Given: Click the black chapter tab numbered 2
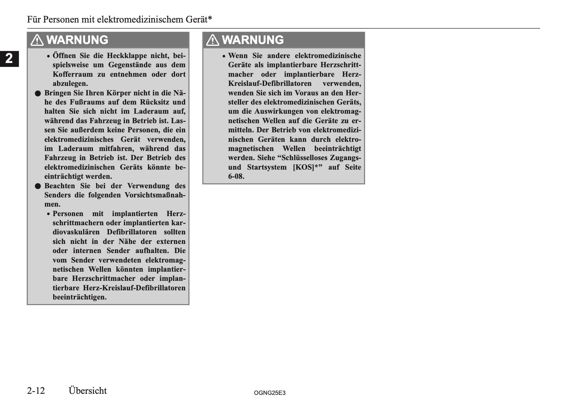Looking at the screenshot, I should click(9, 58).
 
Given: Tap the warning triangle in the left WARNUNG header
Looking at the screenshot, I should click(37, 40).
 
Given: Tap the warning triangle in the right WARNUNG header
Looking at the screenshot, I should click(212, 40).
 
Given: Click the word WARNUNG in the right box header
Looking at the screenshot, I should click(253, 40).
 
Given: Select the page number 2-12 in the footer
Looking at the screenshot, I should click(36, 391).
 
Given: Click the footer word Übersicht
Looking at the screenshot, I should click(88, 391).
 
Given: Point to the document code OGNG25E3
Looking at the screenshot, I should click(269, 393).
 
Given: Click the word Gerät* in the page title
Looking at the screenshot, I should click(199, 19).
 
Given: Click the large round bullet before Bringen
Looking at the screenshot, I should click(38, 93).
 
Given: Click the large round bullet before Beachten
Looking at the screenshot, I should click(38, 186).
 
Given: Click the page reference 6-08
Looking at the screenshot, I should click(236, 176).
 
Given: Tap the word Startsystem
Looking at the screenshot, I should click(265, 167).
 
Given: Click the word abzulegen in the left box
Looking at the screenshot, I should click(70, 83).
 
